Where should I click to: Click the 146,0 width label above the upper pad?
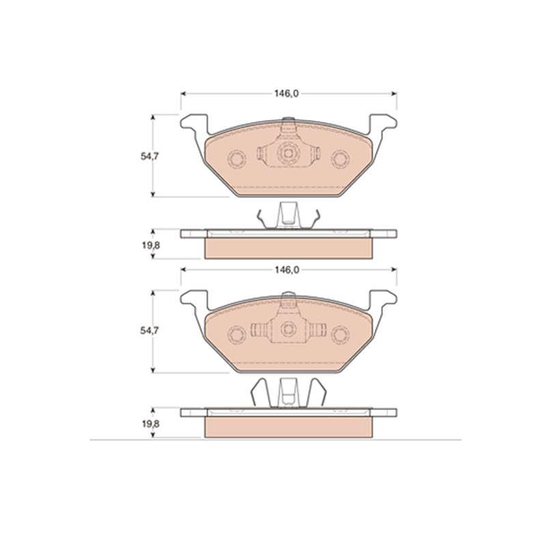(286, 94)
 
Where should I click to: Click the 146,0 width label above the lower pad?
(287, 270)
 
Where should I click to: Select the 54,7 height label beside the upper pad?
(149, 156)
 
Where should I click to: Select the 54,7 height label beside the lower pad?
(149, 330)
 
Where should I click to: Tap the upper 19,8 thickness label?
(151, 245)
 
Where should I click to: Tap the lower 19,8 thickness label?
(151, 424)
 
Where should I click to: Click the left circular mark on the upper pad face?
(237, 160)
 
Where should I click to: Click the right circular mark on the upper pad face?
(340, 159)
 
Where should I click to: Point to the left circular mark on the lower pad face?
(237, 335)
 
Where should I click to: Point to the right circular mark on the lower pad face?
(340, 335)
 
